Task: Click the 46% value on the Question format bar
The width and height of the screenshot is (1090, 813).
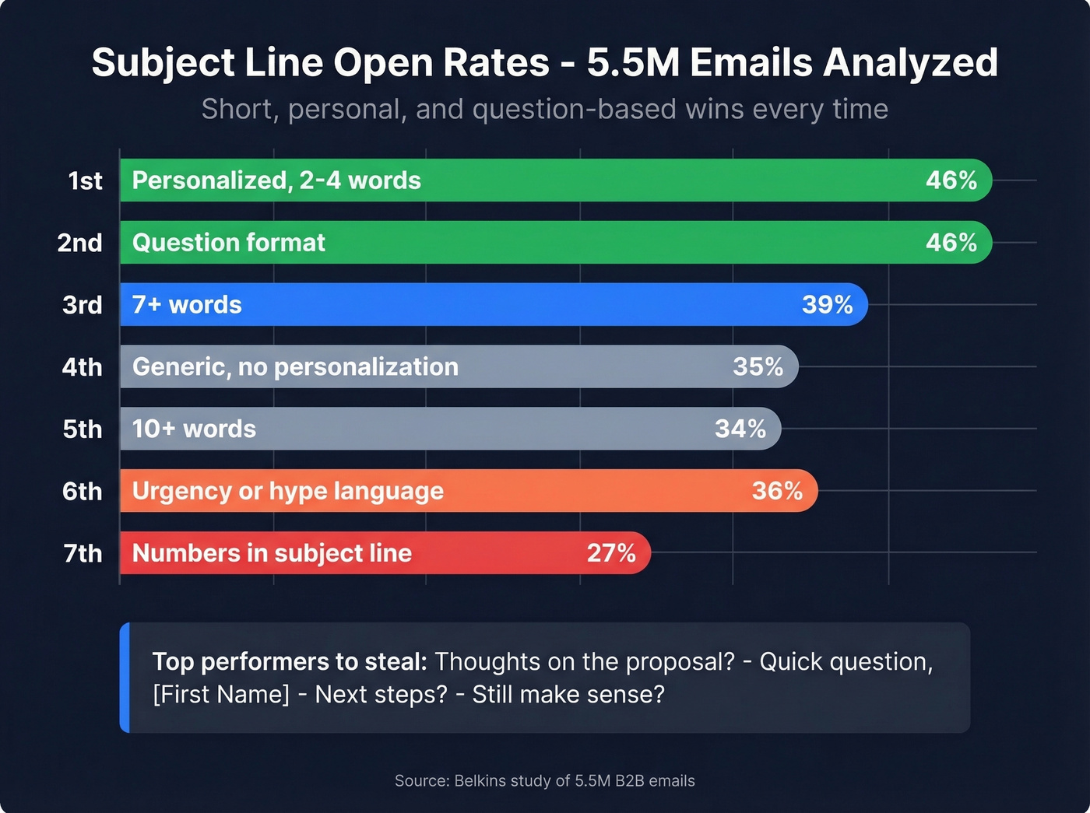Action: (951, 243)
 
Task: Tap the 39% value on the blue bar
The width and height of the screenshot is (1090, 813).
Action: (827, 305)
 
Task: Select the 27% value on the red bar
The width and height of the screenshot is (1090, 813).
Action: (611, 553)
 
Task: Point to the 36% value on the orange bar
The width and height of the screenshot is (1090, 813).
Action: (777, 491)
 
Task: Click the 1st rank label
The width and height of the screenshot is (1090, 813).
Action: (85, 180)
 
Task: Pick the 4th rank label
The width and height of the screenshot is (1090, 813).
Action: (82, 367)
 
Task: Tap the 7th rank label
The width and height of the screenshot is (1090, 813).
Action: (83, 553)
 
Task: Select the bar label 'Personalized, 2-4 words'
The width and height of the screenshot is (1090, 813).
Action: (276, 180)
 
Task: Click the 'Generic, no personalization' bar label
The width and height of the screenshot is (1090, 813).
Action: (295, 367)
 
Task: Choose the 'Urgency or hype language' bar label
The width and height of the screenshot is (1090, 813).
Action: (287, 491)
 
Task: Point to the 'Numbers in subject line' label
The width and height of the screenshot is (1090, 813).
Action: (272, 553)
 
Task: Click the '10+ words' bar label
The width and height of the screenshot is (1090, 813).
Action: (194, 429)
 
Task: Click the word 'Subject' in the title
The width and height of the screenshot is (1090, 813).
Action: (163, 63)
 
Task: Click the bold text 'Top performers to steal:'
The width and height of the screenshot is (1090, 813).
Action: (290, 662)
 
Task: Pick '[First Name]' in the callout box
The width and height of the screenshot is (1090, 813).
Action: (221, 694)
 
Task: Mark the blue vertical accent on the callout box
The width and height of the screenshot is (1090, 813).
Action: (125, 678)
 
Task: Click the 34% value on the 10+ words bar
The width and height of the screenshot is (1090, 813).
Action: (740, 429)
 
